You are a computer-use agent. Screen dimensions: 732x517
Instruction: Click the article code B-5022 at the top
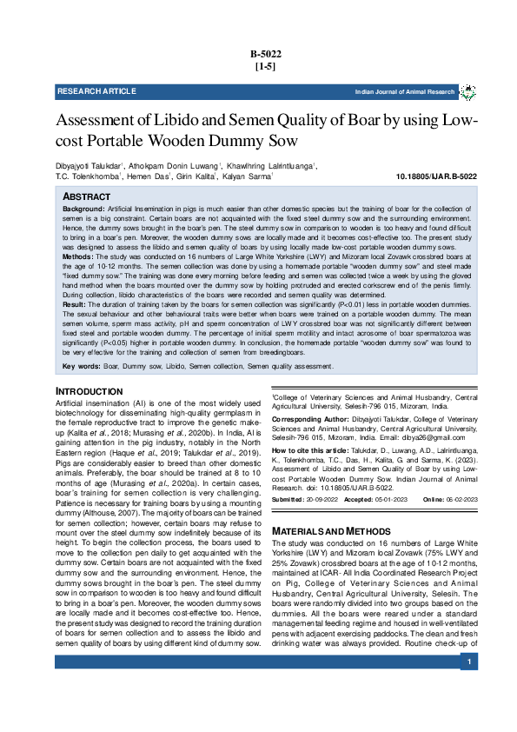tap(265, 54)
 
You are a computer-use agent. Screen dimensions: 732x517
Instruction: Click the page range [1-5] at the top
tap(265, 66)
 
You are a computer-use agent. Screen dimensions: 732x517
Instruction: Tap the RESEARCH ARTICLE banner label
tap(96, 91)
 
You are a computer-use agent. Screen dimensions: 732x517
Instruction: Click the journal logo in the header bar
tap(467, 91)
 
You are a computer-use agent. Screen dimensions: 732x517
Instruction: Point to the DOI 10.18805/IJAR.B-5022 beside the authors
tap(436, 176)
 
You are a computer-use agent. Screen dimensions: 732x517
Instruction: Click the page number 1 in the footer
tap(468, 663)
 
